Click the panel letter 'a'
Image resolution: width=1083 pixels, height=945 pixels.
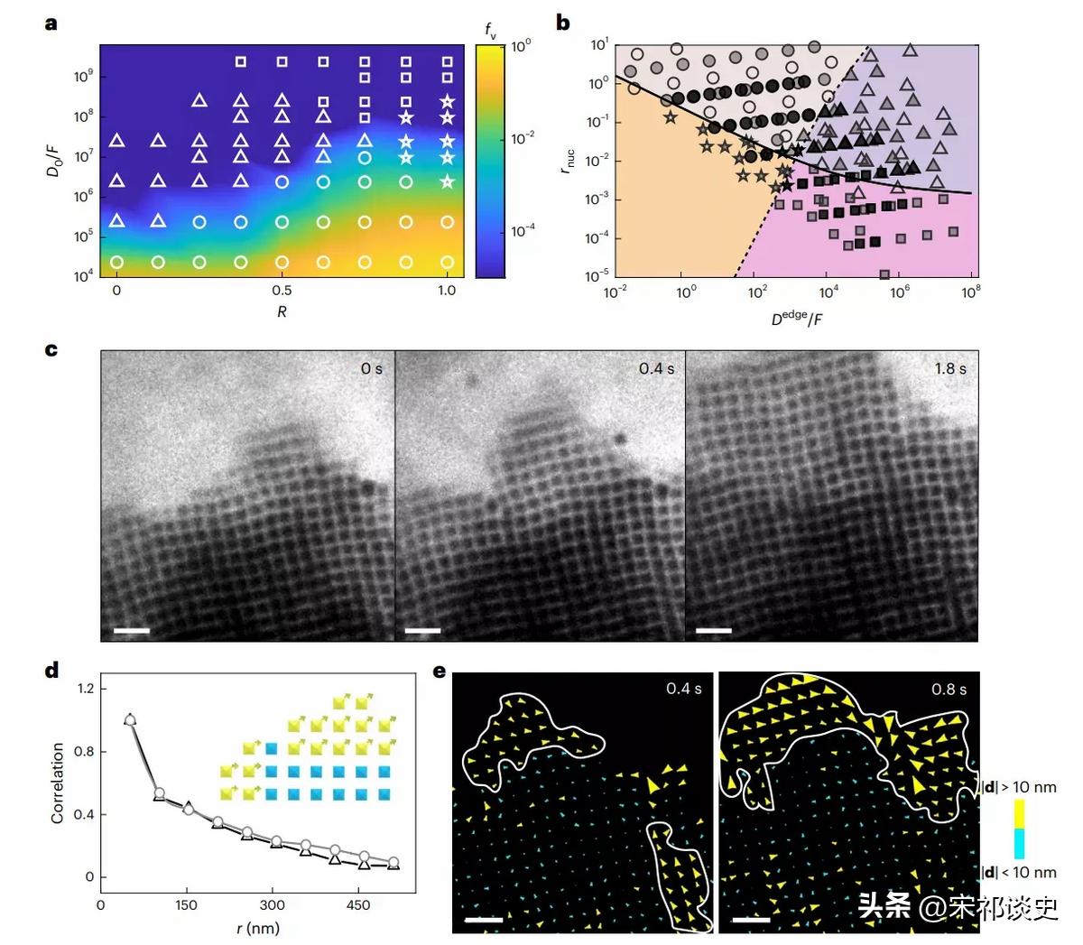click(x=51, y=23)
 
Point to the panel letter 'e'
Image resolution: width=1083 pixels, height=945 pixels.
click(x=440, y=672)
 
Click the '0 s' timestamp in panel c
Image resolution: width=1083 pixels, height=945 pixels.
click(x=371, y=368)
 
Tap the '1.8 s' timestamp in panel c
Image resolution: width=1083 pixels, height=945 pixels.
click(x=949, y=368)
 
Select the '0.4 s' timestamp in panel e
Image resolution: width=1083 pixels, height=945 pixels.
click(x=683, y=689)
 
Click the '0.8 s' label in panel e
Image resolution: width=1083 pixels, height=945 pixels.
click(x=949, y=690)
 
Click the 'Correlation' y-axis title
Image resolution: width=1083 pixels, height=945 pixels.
click(x=58, y=783)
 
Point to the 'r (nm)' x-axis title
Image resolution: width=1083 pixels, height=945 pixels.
click(x=258, y=928)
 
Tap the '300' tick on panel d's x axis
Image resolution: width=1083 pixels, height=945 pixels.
click(x=272, y=905)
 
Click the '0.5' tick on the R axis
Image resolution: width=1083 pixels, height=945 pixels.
click(x=282, y=291)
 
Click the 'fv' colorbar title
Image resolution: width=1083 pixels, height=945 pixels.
click(x=491, y=32)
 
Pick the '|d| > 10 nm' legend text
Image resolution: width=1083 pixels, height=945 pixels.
click(x=1019, y=787)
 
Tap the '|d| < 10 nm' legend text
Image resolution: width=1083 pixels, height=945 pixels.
click(x=1019, y=872)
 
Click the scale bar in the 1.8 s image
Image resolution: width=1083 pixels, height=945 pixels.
click(x=714, y=628)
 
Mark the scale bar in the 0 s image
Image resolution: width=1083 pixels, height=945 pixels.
click(x=131, y=628)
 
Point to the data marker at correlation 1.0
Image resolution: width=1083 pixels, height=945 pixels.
click(x=130, y=720)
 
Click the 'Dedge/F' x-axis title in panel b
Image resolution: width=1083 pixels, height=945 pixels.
click(x=796, y=318)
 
